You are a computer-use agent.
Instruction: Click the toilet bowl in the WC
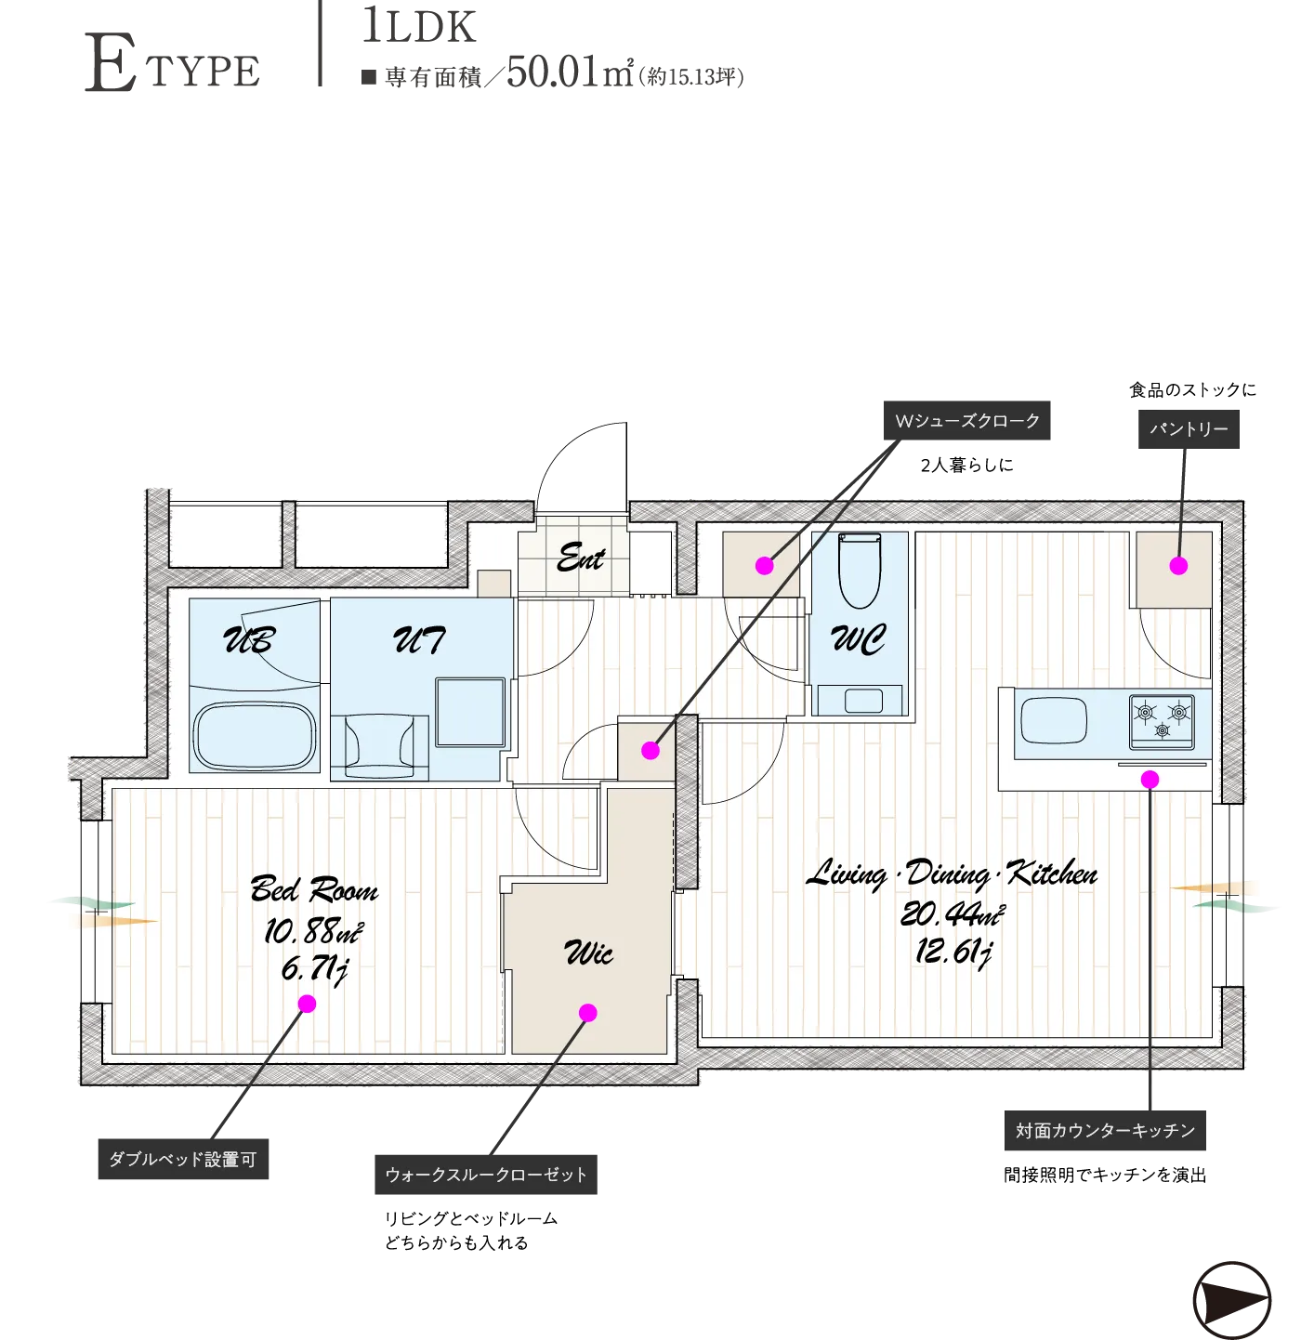pos(859,571)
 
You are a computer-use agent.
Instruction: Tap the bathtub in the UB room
pos(254,735)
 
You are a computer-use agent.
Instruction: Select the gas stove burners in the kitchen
pos(1161,721)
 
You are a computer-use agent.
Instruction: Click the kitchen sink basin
pos(1053,720)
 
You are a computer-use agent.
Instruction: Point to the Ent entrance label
pos(581,557)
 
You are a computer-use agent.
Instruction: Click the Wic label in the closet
pos(588,953)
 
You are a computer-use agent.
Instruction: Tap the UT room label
pos(419,639)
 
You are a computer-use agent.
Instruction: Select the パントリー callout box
pos(1188,429)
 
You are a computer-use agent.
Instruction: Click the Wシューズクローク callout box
pos(966,420)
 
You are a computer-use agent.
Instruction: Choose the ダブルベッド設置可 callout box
pos(183,1160)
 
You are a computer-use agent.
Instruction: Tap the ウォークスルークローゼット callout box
pos(485,1175)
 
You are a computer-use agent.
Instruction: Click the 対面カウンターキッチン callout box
pos(1105,1131)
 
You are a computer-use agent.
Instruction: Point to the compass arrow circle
pos(1230,1300)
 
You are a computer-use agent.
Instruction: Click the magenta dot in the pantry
pos(1178,565)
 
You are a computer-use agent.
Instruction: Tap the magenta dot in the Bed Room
pos(308,1004)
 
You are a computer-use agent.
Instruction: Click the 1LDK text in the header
pos(419,26)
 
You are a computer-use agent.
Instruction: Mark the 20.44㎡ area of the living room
pos(953,914)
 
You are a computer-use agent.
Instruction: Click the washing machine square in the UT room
pos(470,712)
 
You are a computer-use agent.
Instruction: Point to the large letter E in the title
pos(110,62)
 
